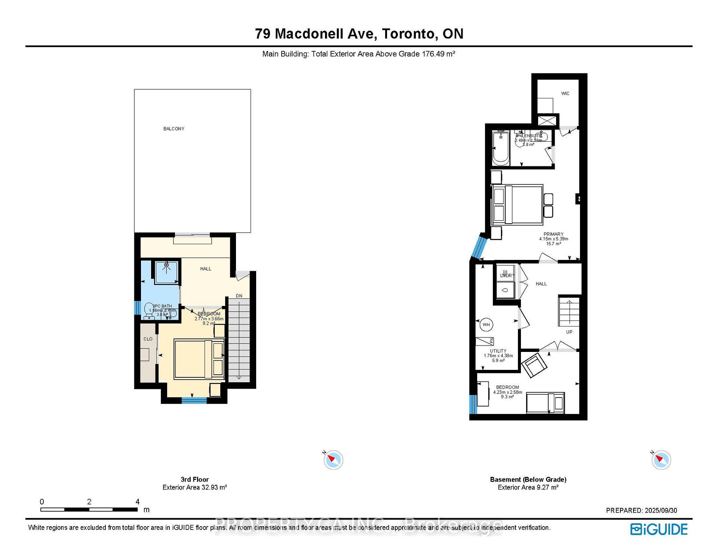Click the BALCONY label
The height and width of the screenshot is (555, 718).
click(174, 129)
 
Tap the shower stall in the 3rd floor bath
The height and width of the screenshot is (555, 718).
click(166, 272)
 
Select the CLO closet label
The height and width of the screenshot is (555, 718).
click(148, 339)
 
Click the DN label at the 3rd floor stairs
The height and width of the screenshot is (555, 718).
click(239, 296)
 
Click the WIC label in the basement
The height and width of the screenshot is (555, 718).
click(565, 93)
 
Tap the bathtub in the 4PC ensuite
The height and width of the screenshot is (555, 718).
click(501, 148)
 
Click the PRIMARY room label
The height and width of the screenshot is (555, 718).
click(553, 234)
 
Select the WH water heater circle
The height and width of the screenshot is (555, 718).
click(486, 325)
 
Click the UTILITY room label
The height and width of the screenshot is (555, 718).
click(498, 351)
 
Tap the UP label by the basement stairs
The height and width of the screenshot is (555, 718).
click(569, 332)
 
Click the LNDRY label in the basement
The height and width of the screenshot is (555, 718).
click(507, 276)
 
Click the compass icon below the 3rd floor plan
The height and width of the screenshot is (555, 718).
click(333, 460)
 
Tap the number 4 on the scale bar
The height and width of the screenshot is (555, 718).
click(138, 502)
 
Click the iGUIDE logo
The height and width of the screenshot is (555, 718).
click(659, 529)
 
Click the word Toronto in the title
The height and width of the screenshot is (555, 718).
click(409, 34)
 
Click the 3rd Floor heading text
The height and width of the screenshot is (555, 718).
click(194, 479)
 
